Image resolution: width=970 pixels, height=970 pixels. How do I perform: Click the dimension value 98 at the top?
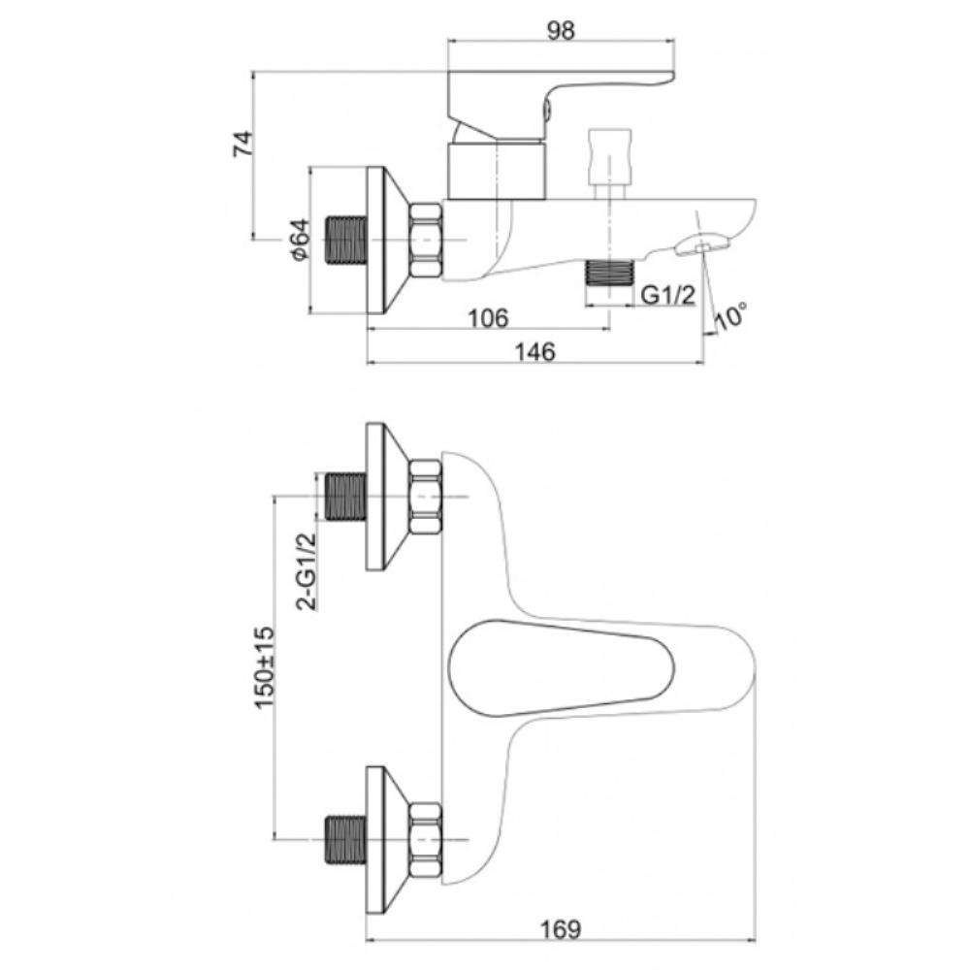point(561,30)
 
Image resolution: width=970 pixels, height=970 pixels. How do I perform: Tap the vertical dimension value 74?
point(243,144)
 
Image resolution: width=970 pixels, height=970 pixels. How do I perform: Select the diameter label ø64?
point(300,240)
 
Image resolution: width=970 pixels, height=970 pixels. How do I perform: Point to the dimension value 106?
point(488,318)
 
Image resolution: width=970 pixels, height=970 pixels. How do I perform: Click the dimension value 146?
point(535,352)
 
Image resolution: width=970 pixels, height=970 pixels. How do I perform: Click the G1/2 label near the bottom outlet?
point(668,295)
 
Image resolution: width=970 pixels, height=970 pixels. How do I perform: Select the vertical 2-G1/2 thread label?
point(307,571)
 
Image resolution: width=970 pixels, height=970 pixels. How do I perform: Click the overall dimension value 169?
point(561,929)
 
